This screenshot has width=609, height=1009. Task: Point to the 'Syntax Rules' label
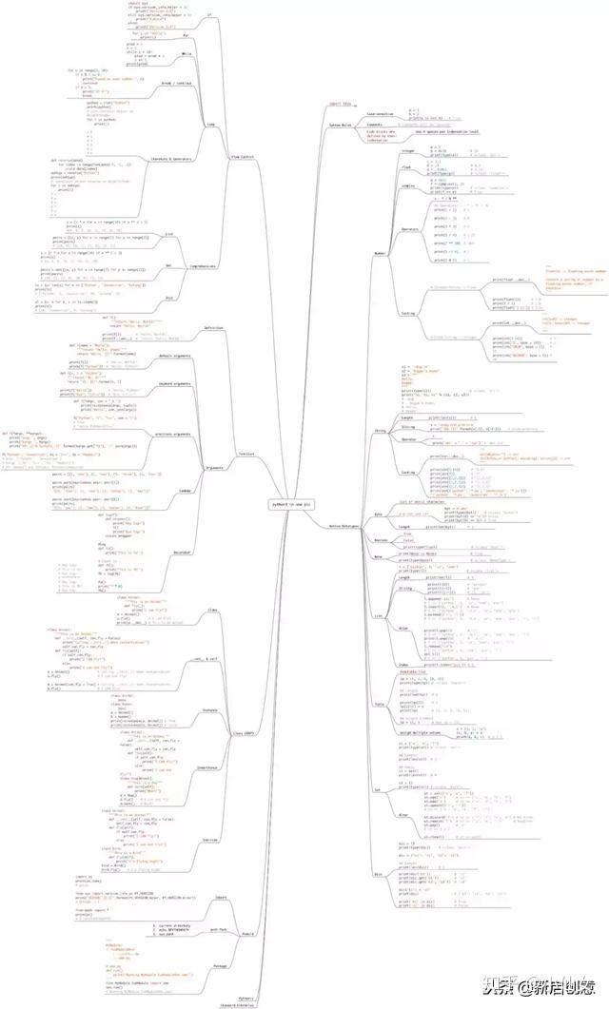(x=342, y=126)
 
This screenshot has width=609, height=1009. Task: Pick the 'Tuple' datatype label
(x=379, y=704)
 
